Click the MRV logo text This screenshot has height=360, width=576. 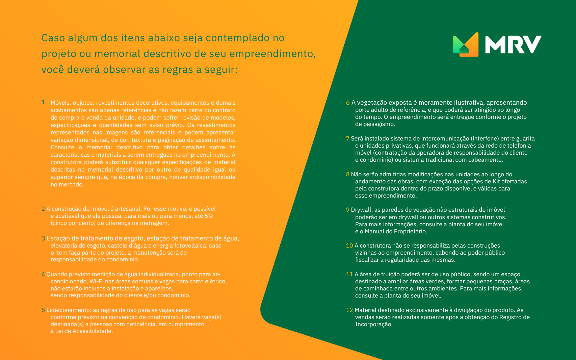coord(513,44)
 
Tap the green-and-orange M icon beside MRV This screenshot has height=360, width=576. coord(466,44)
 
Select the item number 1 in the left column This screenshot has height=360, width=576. coord(43,102)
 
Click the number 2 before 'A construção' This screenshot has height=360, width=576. coord(43,209)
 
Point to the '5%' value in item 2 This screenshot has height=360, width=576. coord(209,216)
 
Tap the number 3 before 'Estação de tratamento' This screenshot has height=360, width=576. coord(43,238)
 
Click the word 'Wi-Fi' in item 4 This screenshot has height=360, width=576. coord(96,281)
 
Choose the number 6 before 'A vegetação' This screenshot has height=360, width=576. coord(348,103)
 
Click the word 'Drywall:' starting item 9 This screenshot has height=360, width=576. coord(362,210)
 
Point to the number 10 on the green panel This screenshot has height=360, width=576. coord(349,246)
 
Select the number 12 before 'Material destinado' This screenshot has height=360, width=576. coord(349,310)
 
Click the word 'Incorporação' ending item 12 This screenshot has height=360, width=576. coord(373,324)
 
